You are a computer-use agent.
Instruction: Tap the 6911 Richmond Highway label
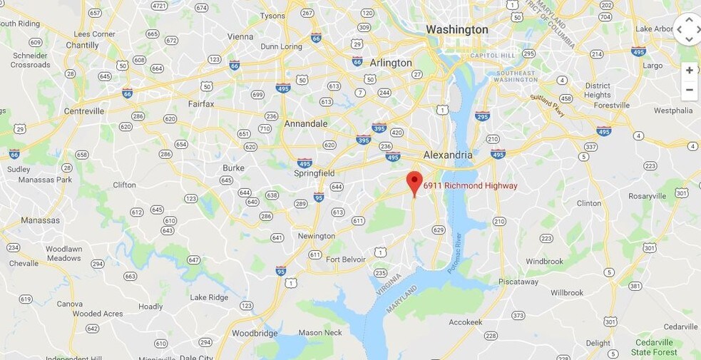coord(470,186)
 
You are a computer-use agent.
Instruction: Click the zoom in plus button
coord(689,71)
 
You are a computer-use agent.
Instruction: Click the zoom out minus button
coord(689,90)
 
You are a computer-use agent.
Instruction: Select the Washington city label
coord(456,30)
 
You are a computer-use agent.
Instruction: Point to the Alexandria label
coord(448,155)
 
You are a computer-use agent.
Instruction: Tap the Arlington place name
coord(390,63)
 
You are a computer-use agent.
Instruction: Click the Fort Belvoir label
coord(346,259)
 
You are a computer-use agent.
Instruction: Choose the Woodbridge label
coord(254,333)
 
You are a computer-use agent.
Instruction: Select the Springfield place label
coord(314,173)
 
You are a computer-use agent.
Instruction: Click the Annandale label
coord(306,123)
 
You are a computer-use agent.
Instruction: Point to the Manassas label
coord(41,220)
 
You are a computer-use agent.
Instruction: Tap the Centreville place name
coord(84,111)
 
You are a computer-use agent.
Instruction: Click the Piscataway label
coord(518,282)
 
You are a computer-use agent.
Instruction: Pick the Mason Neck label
coord(320,332)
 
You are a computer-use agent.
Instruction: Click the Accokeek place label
coord(465,322)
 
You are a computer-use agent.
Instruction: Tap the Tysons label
coord(272,16)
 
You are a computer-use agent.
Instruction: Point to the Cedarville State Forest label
coord(654,347)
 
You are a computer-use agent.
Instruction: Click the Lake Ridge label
coord(209,297)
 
